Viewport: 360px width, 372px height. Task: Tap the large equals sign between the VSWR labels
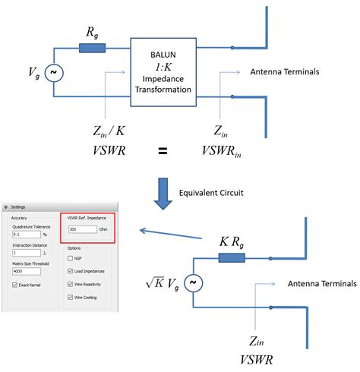163,150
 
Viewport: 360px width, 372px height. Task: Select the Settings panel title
21,206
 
